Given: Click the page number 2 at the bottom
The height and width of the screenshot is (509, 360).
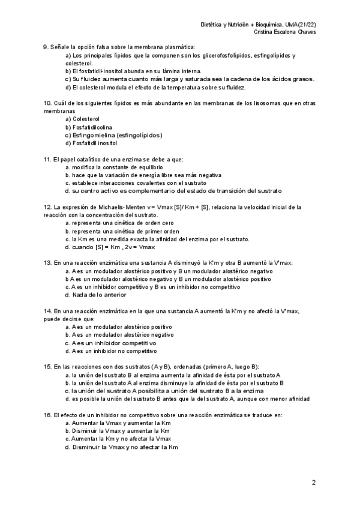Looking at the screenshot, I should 313,483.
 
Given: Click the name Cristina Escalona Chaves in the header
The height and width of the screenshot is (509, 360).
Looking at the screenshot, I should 286,32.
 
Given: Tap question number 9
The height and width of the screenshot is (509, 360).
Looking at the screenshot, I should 46,47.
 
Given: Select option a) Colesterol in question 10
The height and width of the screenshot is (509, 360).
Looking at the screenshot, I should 82,119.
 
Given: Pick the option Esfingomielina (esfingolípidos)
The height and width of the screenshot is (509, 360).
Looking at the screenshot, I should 113,135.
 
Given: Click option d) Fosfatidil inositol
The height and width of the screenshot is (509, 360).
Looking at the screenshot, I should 91,143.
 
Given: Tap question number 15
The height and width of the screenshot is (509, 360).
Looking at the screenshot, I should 47,366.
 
